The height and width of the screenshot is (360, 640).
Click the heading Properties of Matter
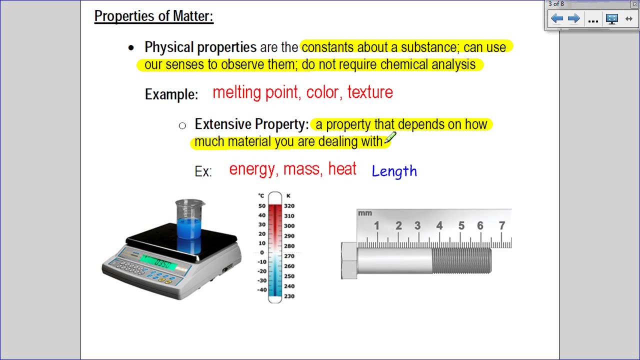click(x=154, y=16)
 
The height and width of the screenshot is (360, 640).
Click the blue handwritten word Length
click(x=394, y=171)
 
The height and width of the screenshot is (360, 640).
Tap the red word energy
click(x=251, y=169)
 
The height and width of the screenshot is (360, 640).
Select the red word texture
click(x=370, y=92)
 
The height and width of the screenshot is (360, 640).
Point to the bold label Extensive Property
click(x=251, y=124)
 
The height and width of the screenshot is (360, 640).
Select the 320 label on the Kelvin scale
click(x=289, y=206)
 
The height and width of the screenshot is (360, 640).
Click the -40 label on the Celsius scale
click(x=261, y=290)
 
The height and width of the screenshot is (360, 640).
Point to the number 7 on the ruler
click(x=502, y=225)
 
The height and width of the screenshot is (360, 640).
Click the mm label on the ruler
click(x=365, y=213)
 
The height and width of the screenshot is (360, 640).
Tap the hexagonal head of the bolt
click(x=348, y=260)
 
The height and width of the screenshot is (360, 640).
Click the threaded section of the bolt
click(x=461, y=260)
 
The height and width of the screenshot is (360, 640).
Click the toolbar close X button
click(x=634, y=4)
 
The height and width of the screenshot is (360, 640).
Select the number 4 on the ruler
click(x=439, y=225)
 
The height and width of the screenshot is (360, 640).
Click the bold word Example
click(x=171, y=94)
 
